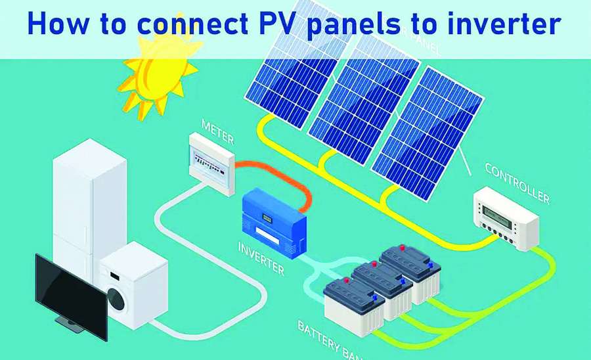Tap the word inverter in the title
tap(506, 24)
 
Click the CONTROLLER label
tap(517, 182)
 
